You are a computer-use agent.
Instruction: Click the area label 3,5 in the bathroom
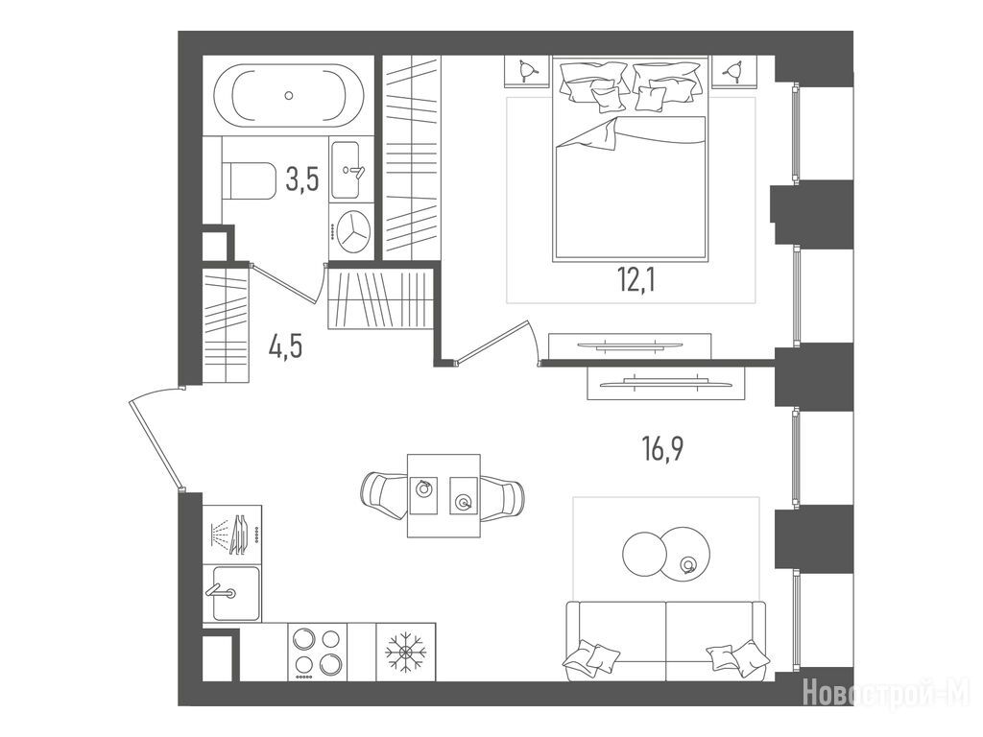302,179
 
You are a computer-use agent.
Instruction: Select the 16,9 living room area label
662,449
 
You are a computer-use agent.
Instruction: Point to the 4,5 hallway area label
286,345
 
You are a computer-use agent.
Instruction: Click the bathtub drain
288,95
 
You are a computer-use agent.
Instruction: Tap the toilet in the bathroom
249,180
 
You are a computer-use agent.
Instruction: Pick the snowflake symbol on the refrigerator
405,652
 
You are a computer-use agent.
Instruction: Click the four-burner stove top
317,652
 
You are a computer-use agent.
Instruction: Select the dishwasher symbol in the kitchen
232,534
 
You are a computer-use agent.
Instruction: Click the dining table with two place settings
444,495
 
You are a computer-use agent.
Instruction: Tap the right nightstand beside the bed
735,71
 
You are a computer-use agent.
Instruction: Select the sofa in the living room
666,641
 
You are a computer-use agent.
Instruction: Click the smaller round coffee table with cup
686,552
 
